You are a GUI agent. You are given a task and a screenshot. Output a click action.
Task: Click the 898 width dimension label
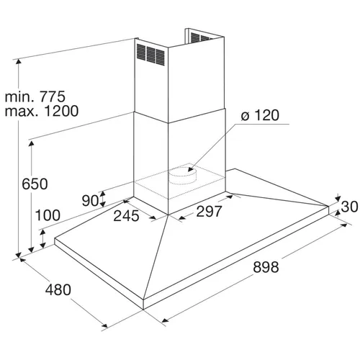click(x=266, y=267)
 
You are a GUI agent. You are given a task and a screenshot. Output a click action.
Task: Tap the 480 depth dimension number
click(x=58, y=289)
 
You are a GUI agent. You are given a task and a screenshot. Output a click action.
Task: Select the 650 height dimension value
click(x=35, y=184)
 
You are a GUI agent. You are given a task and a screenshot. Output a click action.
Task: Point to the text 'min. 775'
click(x=35, y=96)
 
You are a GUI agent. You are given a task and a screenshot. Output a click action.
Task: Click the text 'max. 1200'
click(x=42, y=111)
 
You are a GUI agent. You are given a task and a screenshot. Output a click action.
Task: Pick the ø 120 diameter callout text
click(x=260, y=115)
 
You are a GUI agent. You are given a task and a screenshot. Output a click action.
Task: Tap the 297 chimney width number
click(x=209, y=212)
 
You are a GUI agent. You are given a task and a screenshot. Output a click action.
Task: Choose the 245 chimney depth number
click(x=126, y=215)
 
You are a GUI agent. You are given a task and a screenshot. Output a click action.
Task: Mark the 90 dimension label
click(x=90, y=201)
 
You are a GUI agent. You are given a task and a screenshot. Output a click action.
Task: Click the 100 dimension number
click(x=48, y=215)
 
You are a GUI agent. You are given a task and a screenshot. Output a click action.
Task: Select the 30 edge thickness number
click(x=349, y=207)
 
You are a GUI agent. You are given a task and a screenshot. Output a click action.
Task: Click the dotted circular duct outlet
click(x=183, y=176)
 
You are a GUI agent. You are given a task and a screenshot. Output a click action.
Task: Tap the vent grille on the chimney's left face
click(x=150, y=55)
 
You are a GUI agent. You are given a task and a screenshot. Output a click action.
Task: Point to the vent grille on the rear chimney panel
click(x=201, y=37)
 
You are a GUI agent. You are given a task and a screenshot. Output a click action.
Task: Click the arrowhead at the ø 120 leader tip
click(x=190, y=169)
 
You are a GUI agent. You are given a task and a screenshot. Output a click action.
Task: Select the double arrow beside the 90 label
click(x=103, y=199)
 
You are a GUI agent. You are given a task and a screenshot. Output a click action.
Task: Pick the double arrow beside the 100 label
click(x=43, y=238)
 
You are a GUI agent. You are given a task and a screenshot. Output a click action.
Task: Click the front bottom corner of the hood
click(x=143, y=310)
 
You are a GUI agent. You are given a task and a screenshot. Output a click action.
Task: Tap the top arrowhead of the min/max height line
click(x=19, y=62)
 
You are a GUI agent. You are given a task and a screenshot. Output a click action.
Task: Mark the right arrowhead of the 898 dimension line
click(x=343, y=225)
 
